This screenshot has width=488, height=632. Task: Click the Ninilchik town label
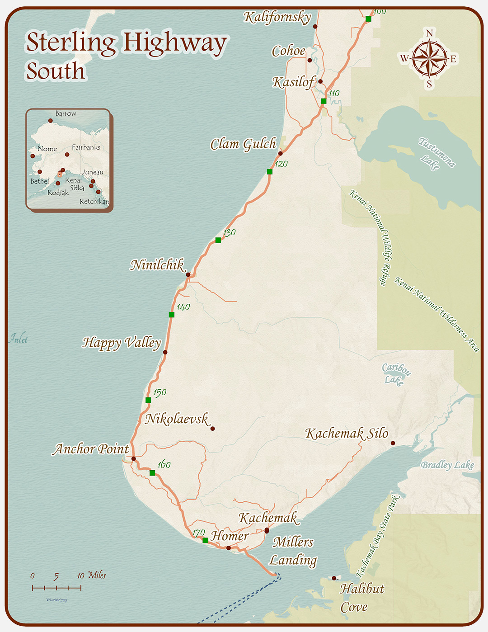click(x=157, y=265)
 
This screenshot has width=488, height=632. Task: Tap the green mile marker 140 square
click(x=171, y=315)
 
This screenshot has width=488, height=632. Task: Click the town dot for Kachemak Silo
click(x=393, y=443)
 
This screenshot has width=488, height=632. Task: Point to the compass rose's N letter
click(x=429, y=33)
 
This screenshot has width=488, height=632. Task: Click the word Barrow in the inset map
click(x=66, y=113)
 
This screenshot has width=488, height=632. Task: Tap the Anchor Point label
click(x=91, y=449)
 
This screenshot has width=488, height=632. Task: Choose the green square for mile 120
click(x=270, y=171)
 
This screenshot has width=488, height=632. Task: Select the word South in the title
click(x=56, y=71)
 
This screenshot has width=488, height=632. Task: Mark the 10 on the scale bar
click(x=81, y=575)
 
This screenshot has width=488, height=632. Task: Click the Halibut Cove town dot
click(x=334, y=578)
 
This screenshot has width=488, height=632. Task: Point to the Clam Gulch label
click(x=243, y=144)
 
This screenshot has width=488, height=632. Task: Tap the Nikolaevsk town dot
click(x=213, y=429)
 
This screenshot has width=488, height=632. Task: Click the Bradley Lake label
click(x=447, y=465)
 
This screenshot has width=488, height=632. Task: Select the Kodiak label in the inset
click(x=58, y=193)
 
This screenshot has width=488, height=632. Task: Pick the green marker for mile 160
click(x=152, y=473)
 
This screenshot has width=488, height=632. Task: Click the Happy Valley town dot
click(x=165, y=352)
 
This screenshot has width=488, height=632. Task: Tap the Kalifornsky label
click(x=277, y=17)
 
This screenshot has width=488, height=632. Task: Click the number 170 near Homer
click(x=199, y=533)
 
